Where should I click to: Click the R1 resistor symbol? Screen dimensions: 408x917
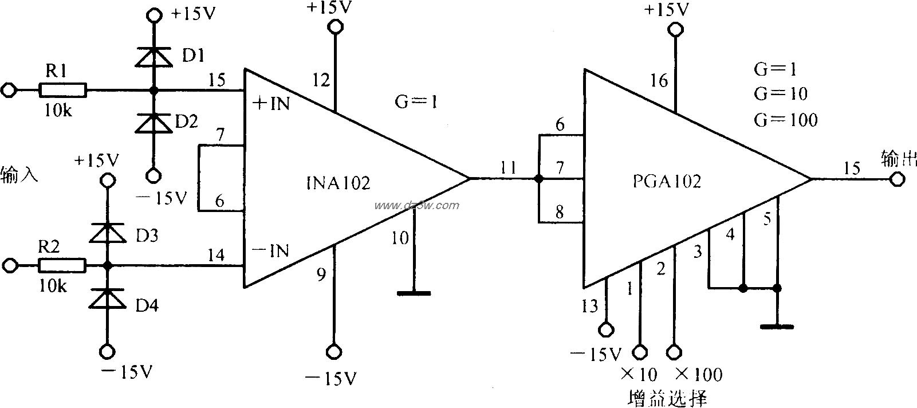[x=62, y=90]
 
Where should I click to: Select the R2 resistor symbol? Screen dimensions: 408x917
[x=62, y=265]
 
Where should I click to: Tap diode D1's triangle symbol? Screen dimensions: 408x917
[x=154, y=56]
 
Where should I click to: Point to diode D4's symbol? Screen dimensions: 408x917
[x=107, y=298]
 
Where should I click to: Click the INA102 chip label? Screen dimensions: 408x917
[x=338, y=183]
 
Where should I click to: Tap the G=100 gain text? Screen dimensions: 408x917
[x=785, y=120]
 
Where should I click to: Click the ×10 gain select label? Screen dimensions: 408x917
[x=639, y=374]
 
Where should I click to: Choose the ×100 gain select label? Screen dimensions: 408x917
[x=698, y=374]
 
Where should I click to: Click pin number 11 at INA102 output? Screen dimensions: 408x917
[x=508, y=167]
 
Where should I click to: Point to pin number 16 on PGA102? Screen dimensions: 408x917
[x=659, y=80]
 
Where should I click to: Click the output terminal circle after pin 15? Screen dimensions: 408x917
[x=897, y=180]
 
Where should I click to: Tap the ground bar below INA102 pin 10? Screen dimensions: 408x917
[x=414, y=293]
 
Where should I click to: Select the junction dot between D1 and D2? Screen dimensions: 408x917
[x=154, y=90]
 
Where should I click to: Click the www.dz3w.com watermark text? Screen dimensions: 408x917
[x=416, y=206]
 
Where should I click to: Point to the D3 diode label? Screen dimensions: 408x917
[x=147, y=236]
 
